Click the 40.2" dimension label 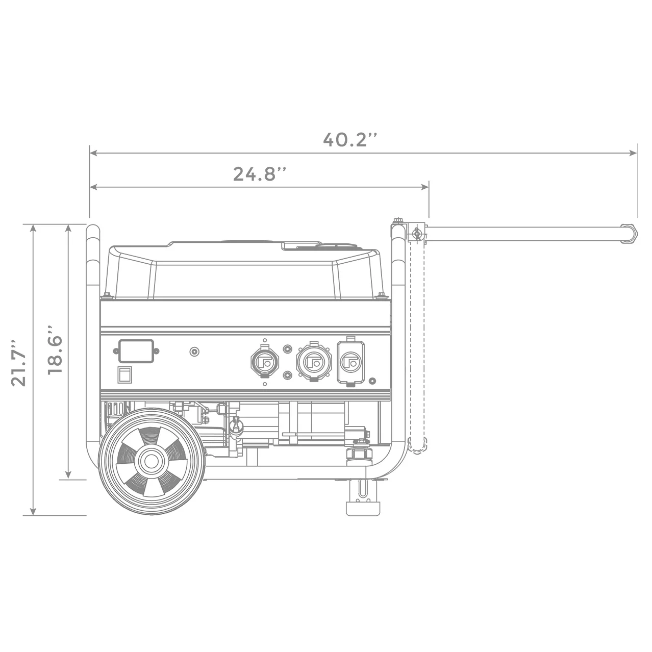(351, 139)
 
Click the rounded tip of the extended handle (632, 234)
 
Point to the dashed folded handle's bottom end (417, 445)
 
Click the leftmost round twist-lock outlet (264, 362)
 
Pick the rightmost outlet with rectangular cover (350, 361)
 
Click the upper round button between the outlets (288, 349)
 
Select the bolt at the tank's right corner (380, 294)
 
